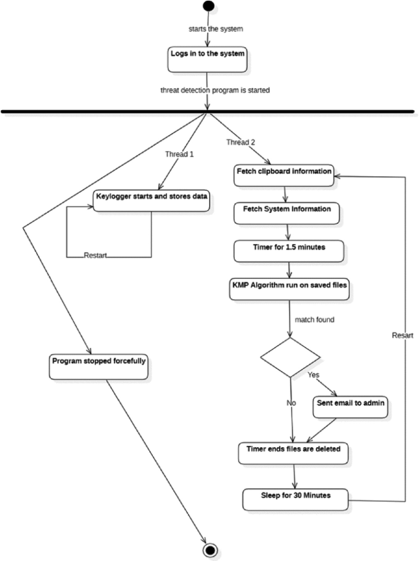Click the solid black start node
tap(209, 6)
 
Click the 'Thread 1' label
tap(179, 154)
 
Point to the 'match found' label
tap(314, 319)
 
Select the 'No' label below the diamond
tap(291, 404)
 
